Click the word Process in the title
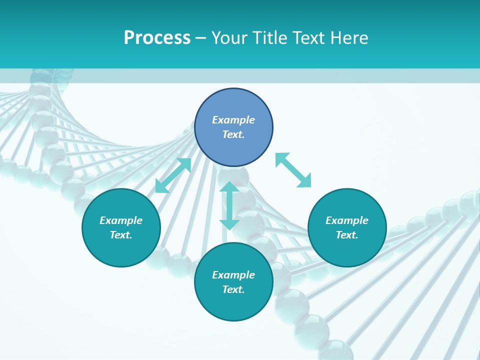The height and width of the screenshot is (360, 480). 157,38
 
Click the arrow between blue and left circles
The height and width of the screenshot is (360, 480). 173,175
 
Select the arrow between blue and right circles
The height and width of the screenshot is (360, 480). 293,170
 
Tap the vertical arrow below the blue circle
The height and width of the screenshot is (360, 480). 229,205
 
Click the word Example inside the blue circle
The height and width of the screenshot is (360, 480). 233,120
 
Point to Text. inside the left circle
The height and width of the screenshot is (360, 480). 121,235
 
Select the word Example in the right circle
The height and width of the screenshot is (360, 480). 347,220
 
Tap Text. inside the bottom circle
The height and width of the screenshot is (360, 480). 233,289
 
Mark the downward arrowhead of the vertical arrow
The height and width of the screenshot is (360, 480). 229,224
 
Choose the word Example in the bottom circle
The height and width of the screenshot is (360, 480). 233,275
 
